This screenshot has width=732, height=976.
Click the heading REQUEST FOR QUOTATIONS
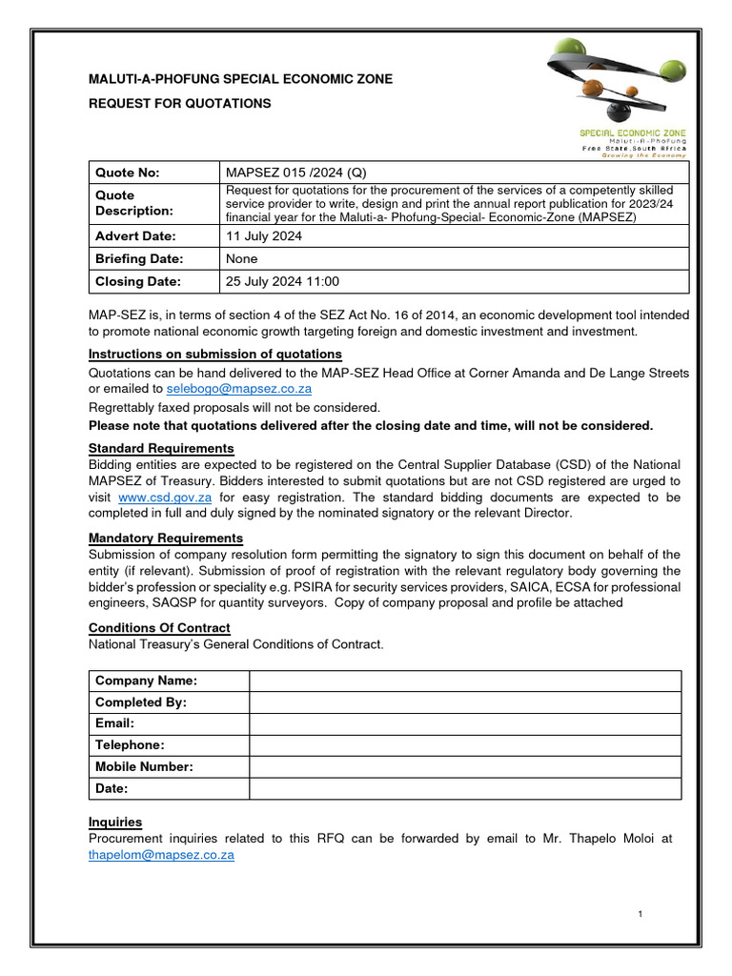click(179, 103)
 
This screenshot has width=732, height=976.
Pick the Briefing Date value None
click(241, 258)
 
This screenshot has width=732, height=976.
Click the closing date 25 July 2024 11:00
click(282, 281)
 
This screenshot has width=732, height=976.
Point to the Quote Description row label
click(134, 202)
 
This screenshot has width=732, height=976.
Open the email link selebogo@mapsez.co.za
click(238, 389)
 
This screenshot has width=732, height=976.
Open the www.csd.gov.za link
click(165, 498)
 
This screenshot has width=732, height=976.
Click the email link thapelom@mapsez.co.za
click(161, 855)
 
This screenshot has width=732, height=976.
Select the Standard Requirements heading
click(161, 448)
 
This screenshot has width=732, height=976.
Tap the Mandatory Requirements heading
click(166, 539)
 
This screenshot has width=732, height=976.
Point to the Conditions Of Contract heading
click(159, 628)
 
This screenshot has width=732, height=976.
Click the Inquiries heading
click(115, 822)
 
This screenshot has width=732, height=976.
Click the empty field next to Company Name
click(464, 681)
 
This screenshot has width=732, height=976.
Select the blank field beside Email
click(464, 723)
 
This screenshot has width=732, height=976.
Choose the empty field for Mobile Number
click(464, 766)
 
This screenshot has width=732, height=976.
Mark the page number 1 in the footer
click(641, 915)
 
